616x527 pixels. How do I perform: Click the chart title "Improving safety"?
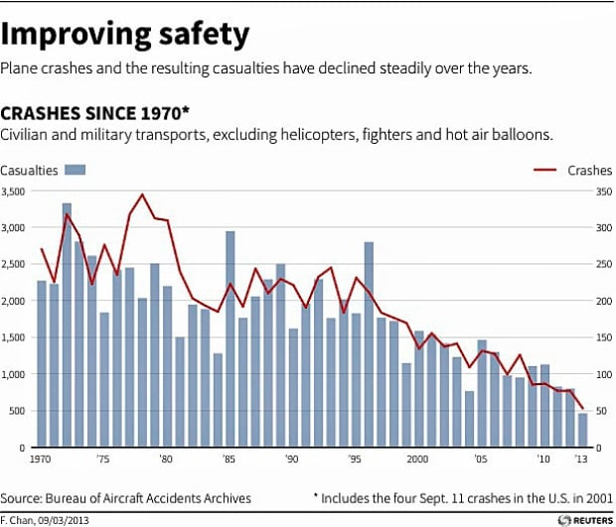pos(126,34)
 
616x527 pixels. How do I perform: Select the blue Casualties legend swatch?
pos(76,171)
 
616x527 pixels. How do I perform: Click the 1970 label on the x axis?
pos(41,460)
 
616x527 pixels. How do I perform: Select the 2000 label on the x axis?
pos(417,460)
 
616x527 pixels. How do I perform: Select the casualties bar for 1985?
pos(230,339)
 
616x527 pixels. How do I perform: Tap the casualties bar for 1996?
pos(369,344)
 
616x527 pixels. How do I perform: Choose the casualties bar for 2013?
pos(581,431)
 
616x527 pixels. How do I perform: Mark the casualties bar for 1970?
pos(41,364)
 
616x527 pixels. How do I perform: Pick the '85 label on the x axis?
pos(230,460)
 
